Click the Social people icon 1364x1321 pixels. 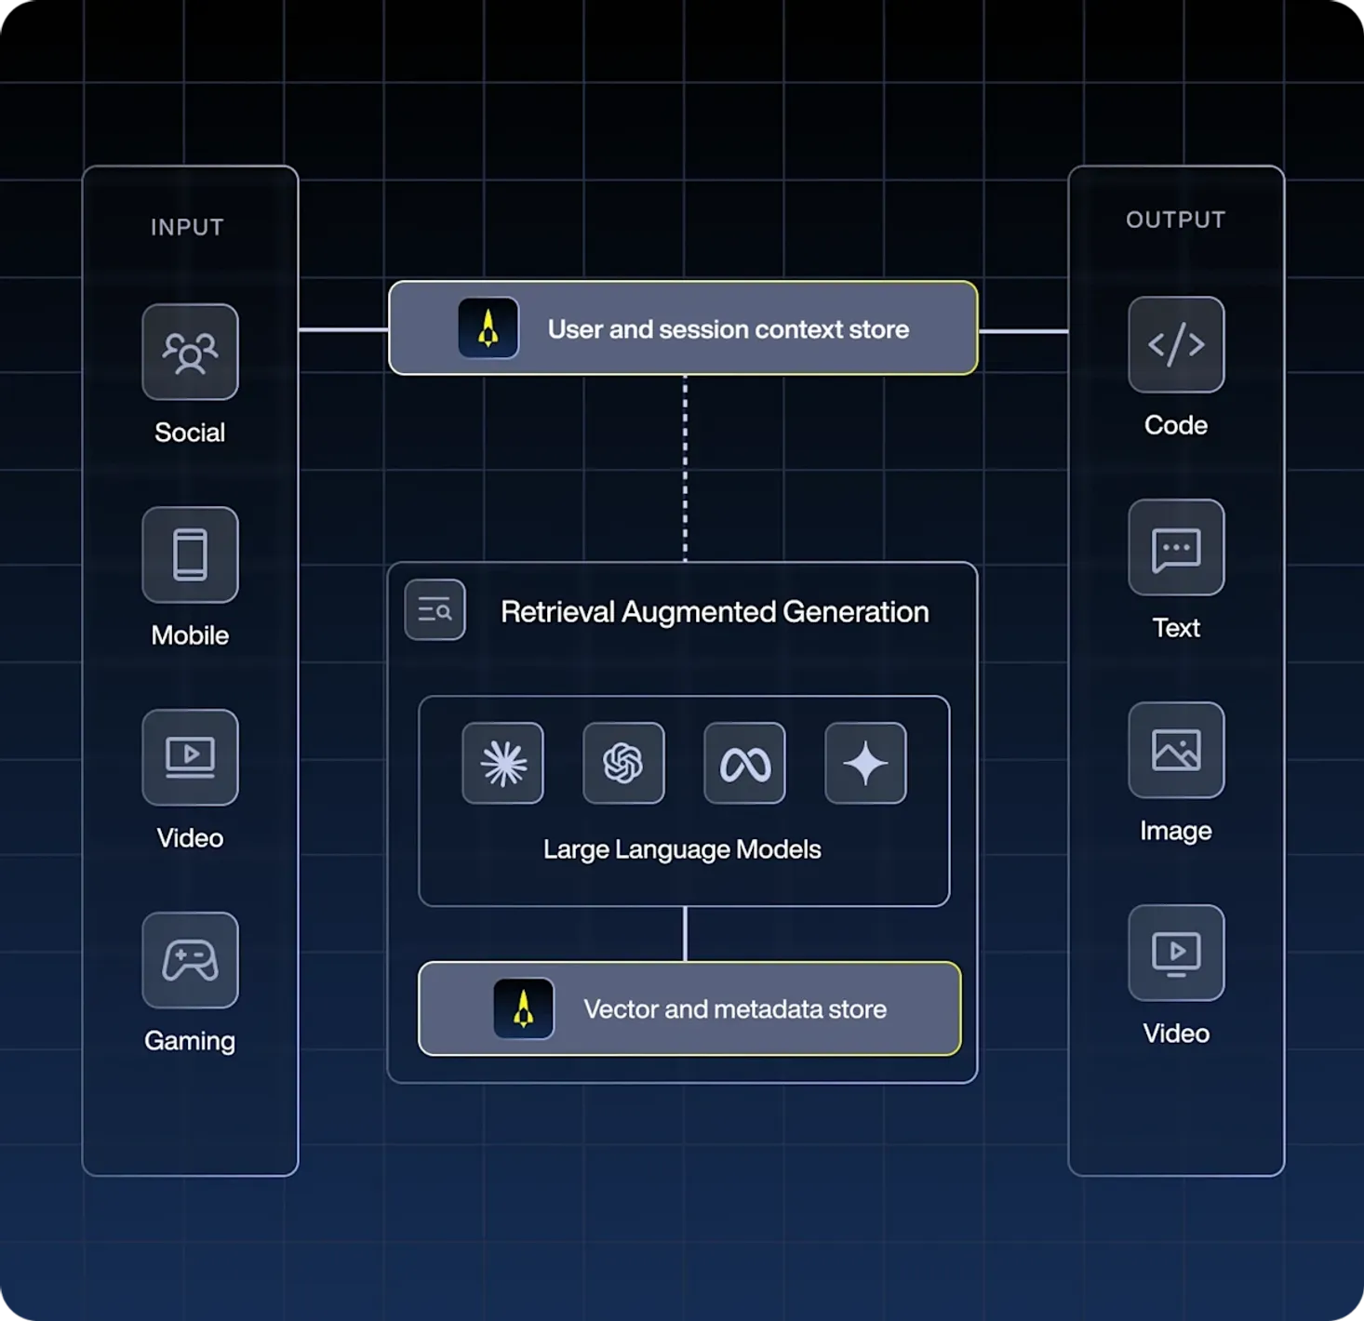click(x=190, y=352)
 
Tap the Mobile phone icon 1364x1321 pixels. click(x=190, y=554)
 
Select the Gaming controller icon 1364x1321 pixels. click(x=190, y=960)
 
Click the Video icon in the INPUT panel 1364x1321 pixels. click(x=190, y=757)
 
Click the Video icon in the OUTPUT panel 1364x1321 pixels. click(x=1176, y=953)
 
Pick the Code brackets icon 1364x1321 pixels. click(x=1176, y=344)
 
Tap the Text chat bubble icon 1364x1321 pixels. click(x=1176, y=547)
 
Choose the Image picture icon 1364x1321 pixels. click(x=1176, y=750)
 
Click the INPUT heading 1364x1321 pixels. click(x=187, y=227)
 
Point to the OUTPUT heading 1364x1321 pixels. click(x=1175, y=220)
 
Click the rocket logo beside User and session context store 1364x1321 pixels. click(x=488, y=328)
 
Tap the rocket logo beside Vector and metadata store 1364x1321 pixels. click(x=523, y=1008)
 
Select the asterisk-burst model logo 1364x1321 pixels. click(x=502, y=763)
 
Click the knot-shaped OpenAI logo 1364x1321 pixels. click(x=623, y=763)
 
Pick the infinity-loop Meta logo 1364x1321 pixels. click(x=744, y=764)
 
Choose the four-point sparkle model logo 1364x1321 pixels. click(x=865, y=763)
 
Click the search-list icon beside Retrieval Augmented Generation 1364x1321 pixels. click(x=435, y=610)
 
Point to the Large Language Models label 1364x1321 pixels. click(x=682, y=849)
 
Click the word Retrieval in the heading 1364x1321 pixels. click(x=557, y=611)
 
